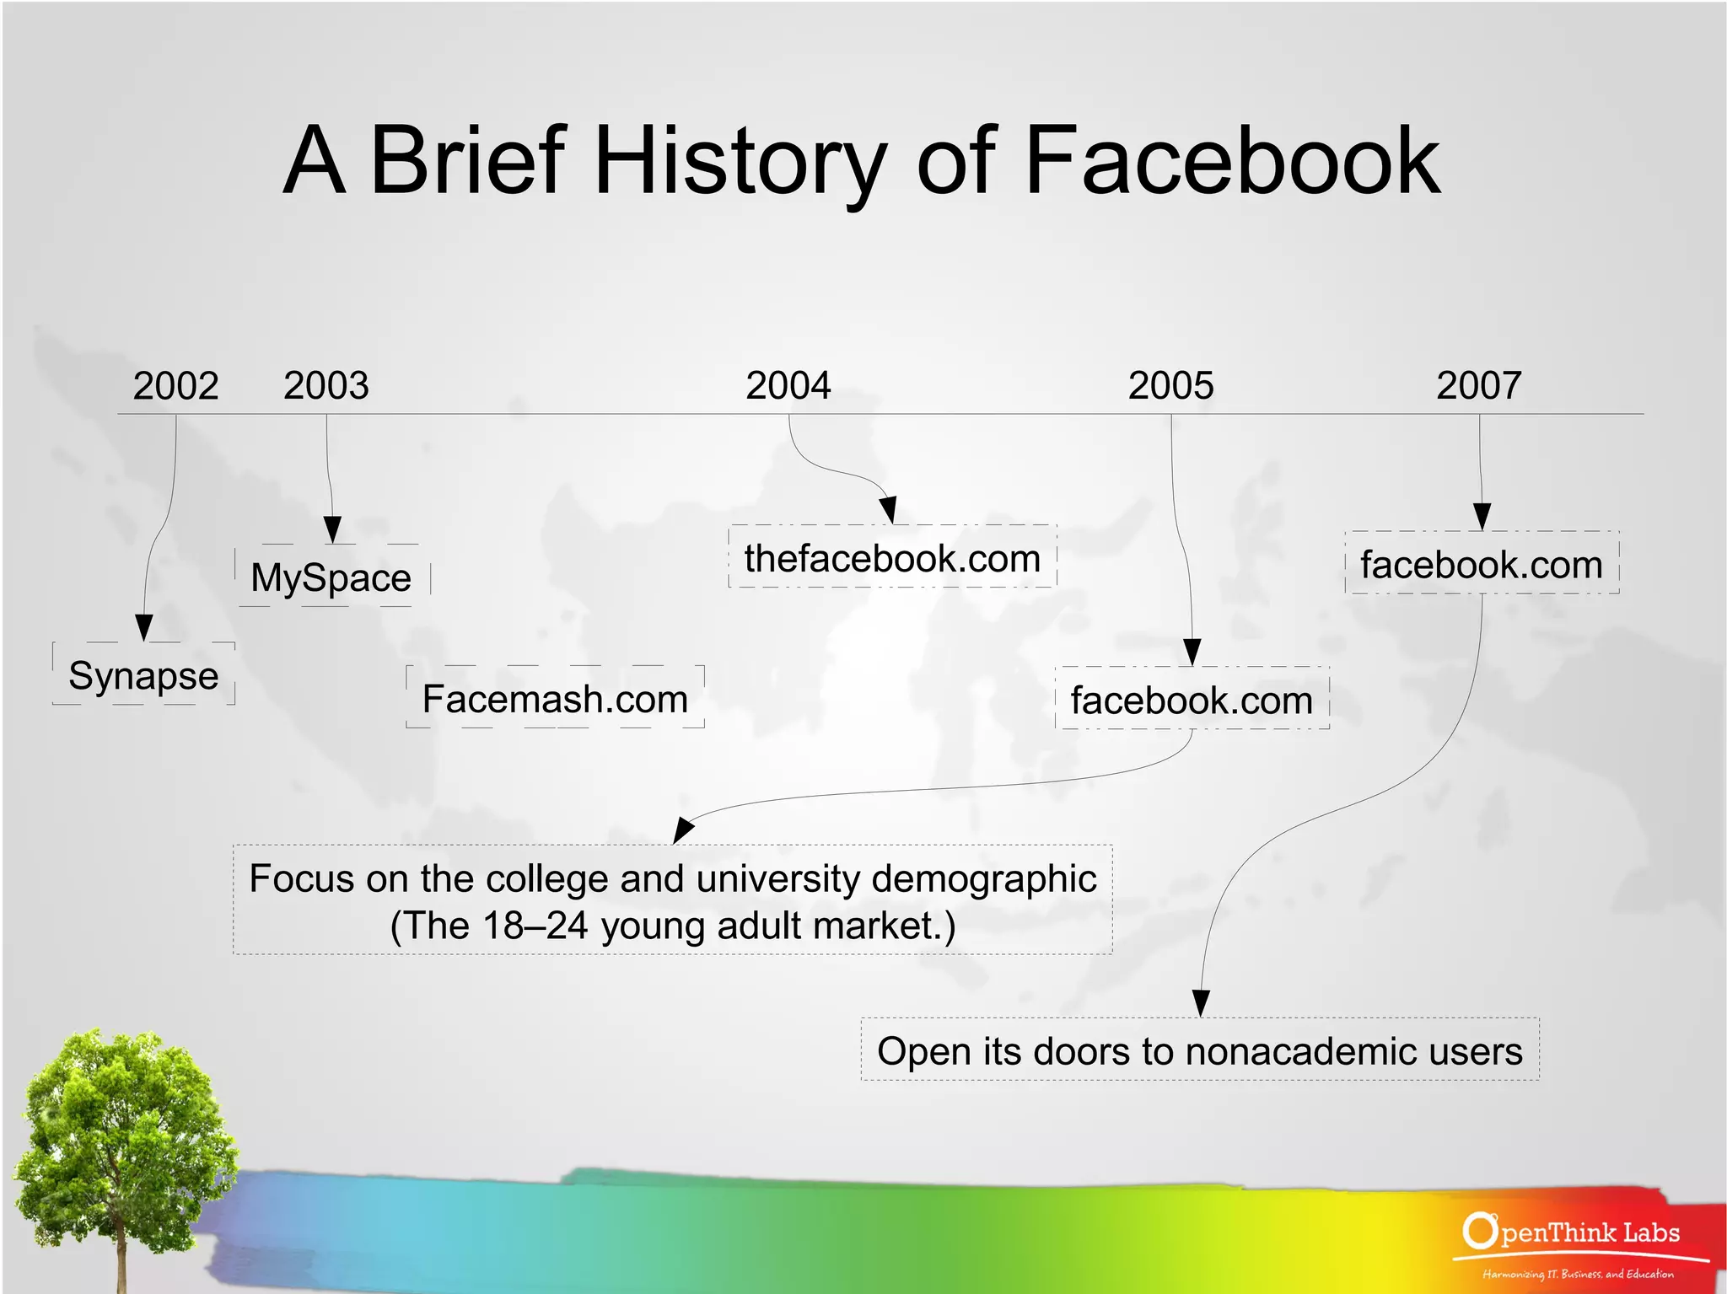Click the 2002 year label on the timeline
[x=175, y=386]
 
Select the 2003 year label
[x=326, y=386]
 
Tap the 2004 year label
[x=788, y=386]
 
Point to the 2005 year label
[x=1170, y=386]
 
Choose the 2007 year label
[x=1479, y=386]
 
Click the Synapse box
[x=143, y=675]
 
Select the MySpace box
[x=331, y=577]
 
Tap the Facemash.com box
[x=555, y=699]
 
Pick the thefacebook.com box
[x=892, y=558]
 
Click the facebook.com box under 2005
[x=1192, y=700]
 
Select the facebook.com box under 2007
[x=1482, y=564]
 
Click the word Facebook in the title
[x=1231, y=160]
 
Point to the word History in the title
[x=740, y=160]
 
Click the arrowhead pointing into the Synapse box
[x=144, y=627]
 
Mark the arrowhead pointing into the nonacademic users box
[x=1201, y=1002]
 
